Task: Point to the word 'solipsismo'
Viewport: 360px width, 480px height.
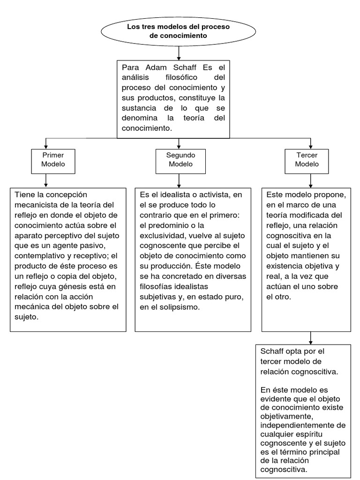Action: coord(178,307)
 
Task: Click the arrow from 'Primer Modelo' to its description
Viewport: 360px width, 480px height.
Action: coord(45,180)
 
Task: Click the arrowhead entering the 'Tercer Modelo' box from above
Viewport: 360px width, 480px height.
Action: coord(310,145)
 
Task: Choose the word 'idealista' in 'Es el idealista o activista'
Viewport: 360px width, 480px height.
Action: coord(172,195)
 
